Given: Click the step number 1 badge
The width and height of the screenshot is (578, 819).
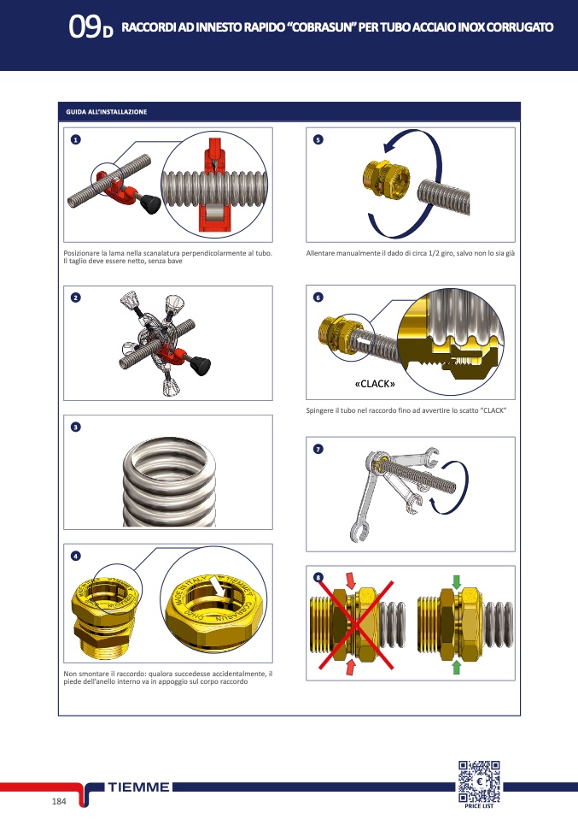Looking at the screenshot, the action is (x=76, y=139).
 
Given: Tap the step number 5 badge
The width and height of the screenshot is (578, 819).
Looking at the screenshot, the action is (x=318, y=139).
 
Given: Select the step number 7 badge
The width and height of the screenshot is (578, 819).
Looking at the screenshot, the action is (x=318, y=449).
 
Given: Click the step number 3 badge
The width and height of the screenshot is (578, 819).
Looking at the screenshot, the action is (x=76, y=427).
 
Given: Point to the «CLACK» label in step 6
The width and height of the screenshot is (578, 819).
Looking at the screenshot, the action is (x=375, y=384).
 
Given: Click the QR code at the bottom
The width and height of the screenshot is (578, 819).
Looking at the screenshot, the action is (x=479, y=781).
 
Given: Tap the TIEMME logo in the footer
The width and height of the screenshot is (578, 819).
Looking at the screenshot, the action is (x=139, y=787).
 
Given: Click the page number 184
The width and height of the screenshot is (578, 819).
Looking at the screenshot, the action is (x=59, y=801).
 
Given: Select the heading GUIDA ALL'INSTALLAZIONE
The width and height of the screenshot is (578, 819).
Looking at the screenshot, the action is (x=107, y=112).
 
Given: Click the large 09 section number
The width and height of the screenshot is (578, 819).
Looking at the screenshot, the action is (x=84, y=27).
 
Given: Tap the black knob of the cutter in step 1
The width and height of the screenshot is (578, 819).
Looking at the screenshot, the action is (x=150, y=203).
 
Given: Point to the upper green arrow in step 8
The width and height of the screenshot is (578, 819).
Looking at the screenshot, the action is (x=457, y=582).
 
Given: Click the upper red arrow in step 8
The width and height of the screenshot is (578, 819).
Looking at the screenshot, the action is (x=351, y=580).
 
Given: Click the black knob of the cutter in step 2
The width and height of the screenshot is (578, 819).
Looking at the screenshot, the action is (x=200, y=364).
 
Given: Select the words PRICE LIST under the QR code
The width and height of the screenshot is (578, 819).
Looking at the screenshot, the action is (x=479, y=806).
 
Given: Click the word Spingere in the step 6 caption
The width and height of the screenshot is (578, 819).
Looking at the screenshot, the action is (x=318, y=410).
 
